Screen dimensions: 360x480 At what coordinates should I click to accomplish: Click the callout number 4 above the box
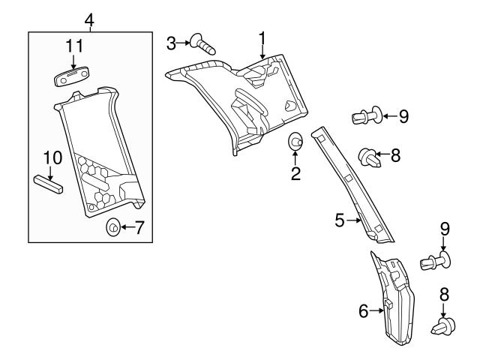89,19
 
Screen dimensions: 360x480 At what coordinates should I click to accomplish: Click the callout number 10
51,158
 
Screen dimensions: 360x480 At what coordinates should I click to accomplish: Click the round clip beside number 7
112,226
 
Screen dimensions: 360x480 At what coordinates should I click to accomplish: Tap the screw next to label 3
202,43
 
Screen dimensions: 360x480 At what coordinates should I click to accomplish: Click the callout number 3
172,43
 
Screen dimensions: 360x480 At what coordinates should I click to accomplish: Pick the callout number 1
262,37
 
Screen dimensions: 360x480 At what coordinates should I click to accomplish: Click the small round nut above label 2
295,140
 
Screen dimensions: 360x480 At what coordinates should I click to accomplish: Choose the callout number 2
295,174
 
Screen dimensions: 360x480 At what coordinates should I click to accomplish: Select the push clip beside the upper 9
364,116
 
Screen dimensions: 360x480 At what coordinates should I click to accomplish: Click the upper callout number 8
396,157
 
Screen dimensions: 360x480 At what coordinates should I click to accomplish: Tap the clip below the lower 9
436,262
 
